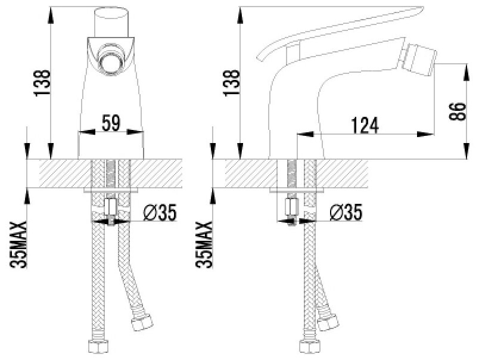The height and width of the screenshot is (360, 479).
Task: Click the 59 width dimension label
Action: click(111, 123)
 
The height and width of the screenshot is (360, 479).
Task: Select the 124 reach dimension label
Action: click(365, 125)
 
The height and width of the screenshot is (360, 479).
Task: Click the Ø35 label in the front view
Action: click(160, 212)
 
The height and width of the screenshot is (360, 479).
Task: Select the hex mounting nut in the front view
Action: click(111, 208)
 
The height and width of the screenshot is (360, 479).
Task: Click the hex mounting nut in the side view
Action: click(292, 208)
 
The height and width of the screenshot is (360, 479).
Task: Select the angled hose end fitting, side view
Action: click(326, 322)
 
